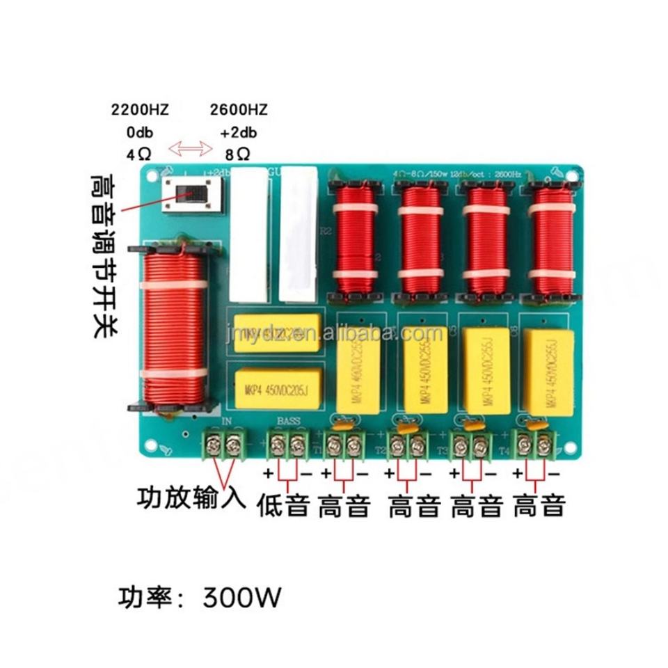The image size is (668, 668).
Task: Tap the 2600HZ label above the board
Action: click(238, 110)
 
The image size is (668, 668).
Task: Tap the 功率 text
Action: click(142, 598)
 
